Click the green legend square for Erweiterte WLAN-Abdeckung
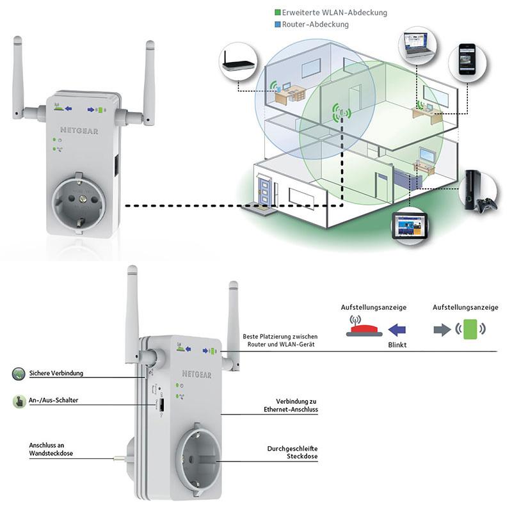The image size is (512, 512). pos(276,12)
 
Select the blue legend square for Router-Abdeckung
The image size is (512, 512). pos(276,24)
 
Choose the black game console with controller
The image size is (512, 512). pos(479,193)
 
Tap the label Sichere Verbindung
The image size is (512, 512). pos(56,372)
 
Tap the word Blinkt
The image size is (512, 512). pos(397,345)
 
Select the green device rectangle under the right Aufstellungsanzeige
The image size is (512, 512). pos(470,329)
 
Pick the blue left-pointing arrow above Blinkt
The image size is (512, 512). pos(397,330)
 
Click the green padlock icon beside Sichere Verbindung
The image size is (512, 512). pos(19,372)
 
